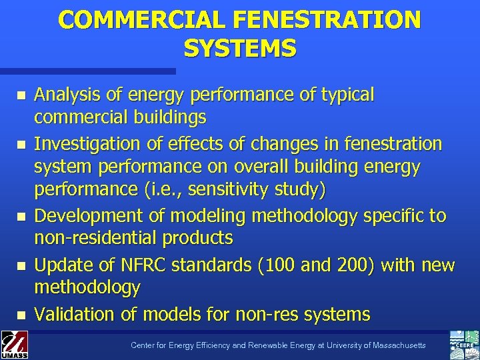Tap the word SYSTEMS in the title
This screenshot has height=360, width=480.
click(240, 48)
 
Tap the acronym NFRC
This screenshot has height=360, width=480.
click(138, 265)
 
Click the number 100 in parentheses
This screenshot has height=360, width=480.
click(270, 265)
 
